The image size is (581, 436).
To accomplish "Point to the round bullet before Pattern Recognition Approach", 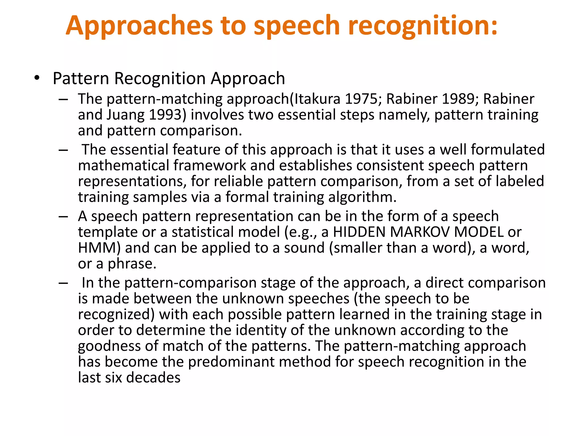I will pyautogui.click(x=36, y=78).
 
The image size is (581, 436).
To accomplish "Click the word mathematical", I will pyautogui.click(x=124, y=165).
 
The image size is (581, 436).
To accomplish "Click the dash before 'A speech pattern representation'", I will pyautogui.click(x=63, y=217).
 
